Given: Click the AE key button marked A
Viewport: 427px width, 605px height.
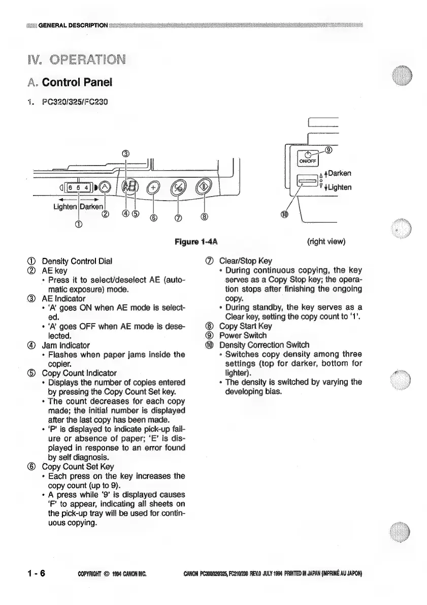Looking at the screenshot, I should click(104, 187).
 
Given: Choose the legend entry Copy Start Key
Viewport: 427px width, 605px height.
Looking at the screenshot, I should click(245, 326).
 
